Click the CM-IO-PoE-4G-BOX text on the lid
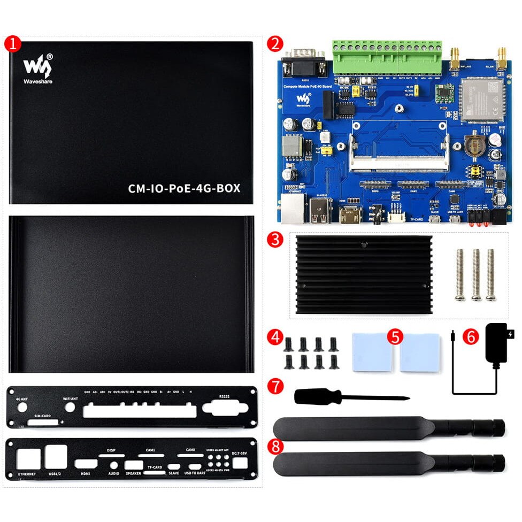183,188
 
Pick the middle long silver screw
475,273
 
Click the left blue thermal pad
372,352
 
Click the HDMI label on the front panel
86,473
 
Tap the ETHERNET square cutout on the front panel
28,459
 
